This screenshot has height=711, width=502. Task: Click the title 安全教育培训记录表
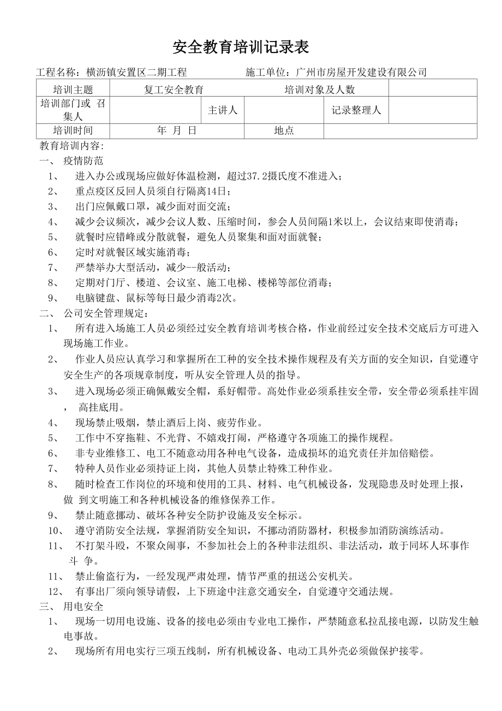click(x=241, y=48)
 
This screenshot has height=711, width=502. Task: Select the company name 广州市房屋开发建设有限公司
click(x=361, y=73)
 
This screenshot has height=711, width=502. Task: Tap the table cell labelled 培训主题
click(x=73, y=90)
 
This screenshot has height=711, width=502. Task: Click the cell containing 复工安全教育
click(x=174, y=90)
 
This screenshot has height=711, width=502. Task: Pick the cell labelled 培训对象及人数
click(x=319, y=90)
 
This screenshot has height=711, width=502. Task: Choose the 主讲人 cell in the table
click(x=223, y=110)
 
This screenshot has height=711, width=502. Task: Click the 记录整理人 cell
click(x=356, y=110)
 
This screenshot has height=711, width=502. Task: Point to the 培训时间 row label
click(x=73, y=131)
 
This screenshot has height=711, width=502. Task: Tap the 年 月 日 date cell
click(x=176, y=131)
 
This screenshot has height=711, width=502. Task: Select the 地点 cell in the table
click(x=284, y=131)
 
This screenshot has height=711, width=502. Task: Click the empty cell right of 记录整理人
click(x=432, y=110)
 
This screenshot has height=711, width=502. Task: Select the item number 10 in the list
click(x=53, y=530)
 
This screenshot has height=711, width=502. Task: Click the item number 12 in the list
click(x=53, y=591)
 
